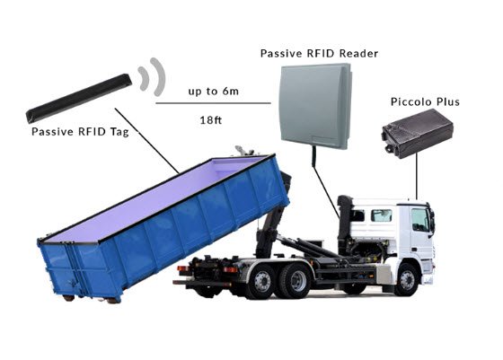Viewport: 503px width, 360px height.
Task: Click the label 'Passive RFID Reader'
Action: pyautogui.click(x=319, y=53)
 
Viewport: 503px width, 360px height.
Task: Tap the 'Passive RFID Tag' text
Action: pyautogui.click(x=80, y=132)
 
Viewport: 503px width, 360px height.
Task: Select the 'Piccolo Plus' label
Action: pyautogui.click(x=425, y=101)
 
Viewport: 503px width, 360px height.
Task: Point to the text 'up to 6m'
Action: pyautogui.click(x=214, y=92)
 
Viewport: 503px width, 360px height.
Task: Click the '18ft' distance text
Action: pyautogui.click(x=211, y=120)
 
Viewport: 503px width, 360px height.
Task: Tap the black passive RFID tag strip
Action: pyautogui.click(x=79, y=99)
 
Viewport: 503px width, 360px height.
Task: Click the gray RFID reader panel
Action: pyautogui.click(x=315, y=107)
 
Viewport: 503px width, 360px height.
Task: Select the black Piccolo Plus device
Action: pyautogui.click(x=418, y=133)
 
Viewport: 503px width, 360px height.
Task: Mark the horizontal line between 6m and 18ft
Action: pyautogui.click(x=214, y=103)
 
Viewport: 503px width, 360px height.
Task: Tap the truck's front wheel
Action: pyautogui.click(x=407, y=280)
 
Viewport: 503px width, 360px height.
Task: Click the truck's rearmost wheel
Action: pyautogui.click(x=262, y=281)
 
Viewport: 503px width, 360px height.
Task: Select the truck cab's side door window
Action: pyautogui.click(x=420, y=220)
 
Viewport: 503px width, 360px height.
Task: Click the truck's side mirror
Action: pyautogui.click(x=432, y=220)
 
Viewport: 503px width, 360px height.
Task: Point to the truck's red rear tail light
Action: pyautogui.click(x=183, y=269)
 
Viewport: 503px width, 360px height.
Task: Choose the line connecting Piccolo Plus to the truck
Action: pyautogui.click(x=417, y=176)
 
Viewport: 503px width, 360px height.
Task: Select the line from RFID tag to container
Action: pyautogui.click(x=147, y=141)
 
